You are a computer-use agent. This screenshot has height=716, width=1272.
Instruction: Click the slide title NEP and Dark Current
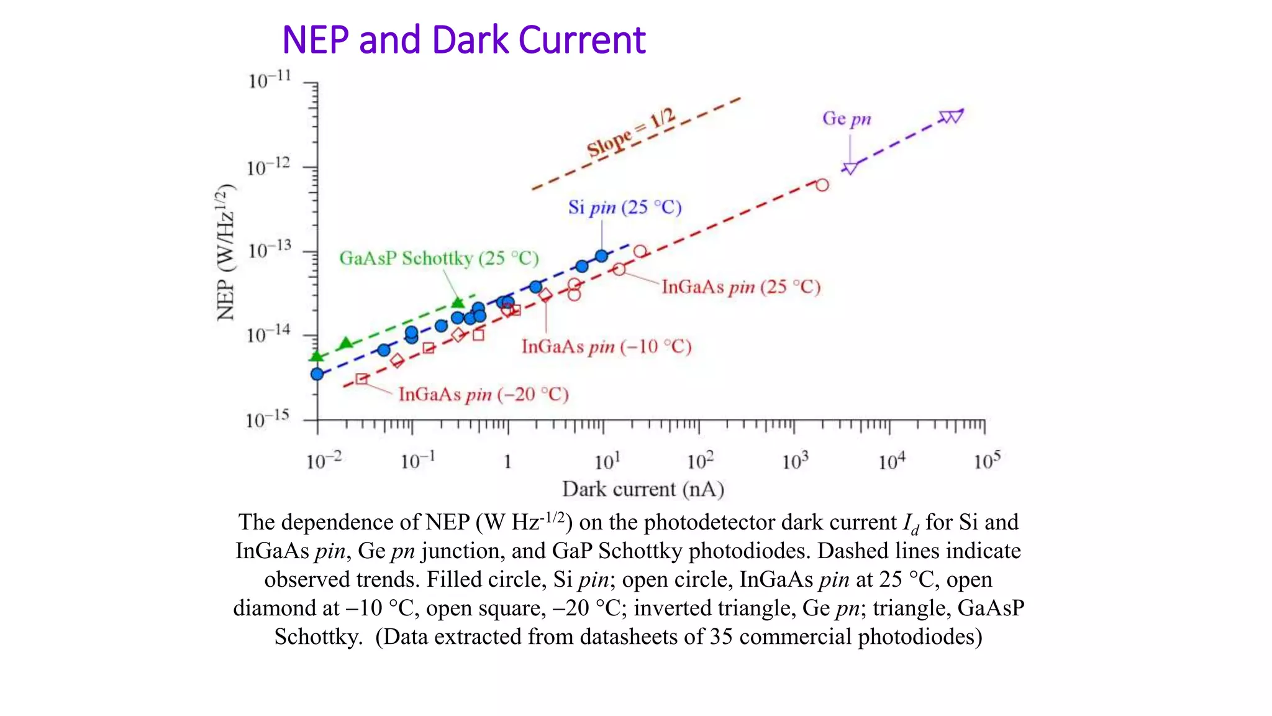[463, 40]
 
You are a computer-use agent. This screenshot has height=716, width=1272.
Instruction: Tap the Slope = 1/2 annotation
[630, 132]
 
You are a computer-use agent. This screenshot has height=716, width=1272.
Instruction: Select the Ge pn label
[847, 118]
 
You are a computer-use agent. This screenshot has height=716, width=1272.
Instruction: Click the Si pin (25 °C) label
[625, 207]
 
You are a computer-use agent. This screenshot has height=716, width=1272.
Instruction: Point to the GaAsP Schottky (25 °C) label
[438, 258]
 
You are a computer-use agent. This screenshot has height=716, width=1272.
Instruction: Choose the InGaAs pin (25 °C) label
[741, 287]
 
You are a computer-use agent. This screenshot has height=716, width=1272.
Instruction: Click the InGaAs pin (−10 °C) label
[606, 346]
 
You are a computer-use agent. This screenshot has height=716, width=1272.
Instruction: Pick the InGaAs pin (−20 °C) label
[483, 394]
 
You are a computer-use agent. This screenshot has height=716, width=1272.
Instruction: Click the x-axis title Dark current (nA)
[643, 489]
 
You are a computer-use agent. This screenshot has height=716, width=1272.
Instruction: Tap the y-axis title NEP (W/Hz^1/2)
[226, 252]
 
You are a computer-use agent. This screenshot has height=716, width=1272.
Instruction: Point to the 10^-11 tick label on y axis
[269, 80]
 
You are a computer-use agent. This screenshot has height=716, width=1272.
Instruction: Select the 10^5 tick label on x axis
[987, 461]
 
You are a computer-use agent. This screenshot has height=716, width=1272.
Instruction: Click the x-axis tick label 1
[507, 462]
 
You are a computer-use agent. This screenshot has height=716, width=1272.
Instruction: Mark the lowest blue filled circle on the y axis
[317, 374]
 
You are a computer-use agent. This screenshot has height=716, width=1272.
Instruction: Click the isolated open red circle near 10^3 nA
[822, 185]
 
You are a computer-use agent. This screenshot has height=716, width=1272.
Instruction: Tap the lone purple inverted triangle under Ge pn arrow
[850, 168]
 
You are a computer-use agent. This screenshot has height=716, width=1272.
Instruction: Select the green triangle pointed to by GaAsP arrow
[458, 303]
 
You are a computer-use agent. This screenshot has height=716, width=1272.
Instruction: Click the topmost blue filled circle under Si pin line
[601, 256]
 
